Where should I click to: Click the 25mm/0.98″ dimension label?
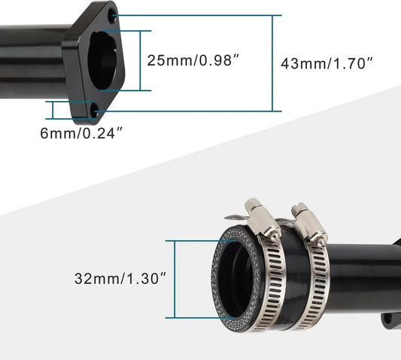(x=193, y=61)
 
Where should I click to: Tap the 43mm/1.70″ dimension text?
(x=327, y=63)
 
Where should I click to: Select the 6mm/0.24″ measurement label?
(x=81, y=133)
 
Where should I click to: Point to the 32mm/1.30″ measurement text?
(x=120, y=279)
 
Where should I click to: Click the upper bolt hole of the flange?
(x=113, y=14)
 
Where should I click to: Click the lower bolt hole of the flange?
(x=94, y=111)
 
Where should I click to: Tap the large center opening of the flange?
(x=103, y=61)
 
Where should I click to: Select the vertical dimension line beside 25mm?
(x=140, y=61)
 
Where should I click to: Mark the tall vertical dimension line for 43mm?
(x=272, y=63)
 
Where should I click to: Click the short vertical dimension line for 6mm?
(x=53, y=110)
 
